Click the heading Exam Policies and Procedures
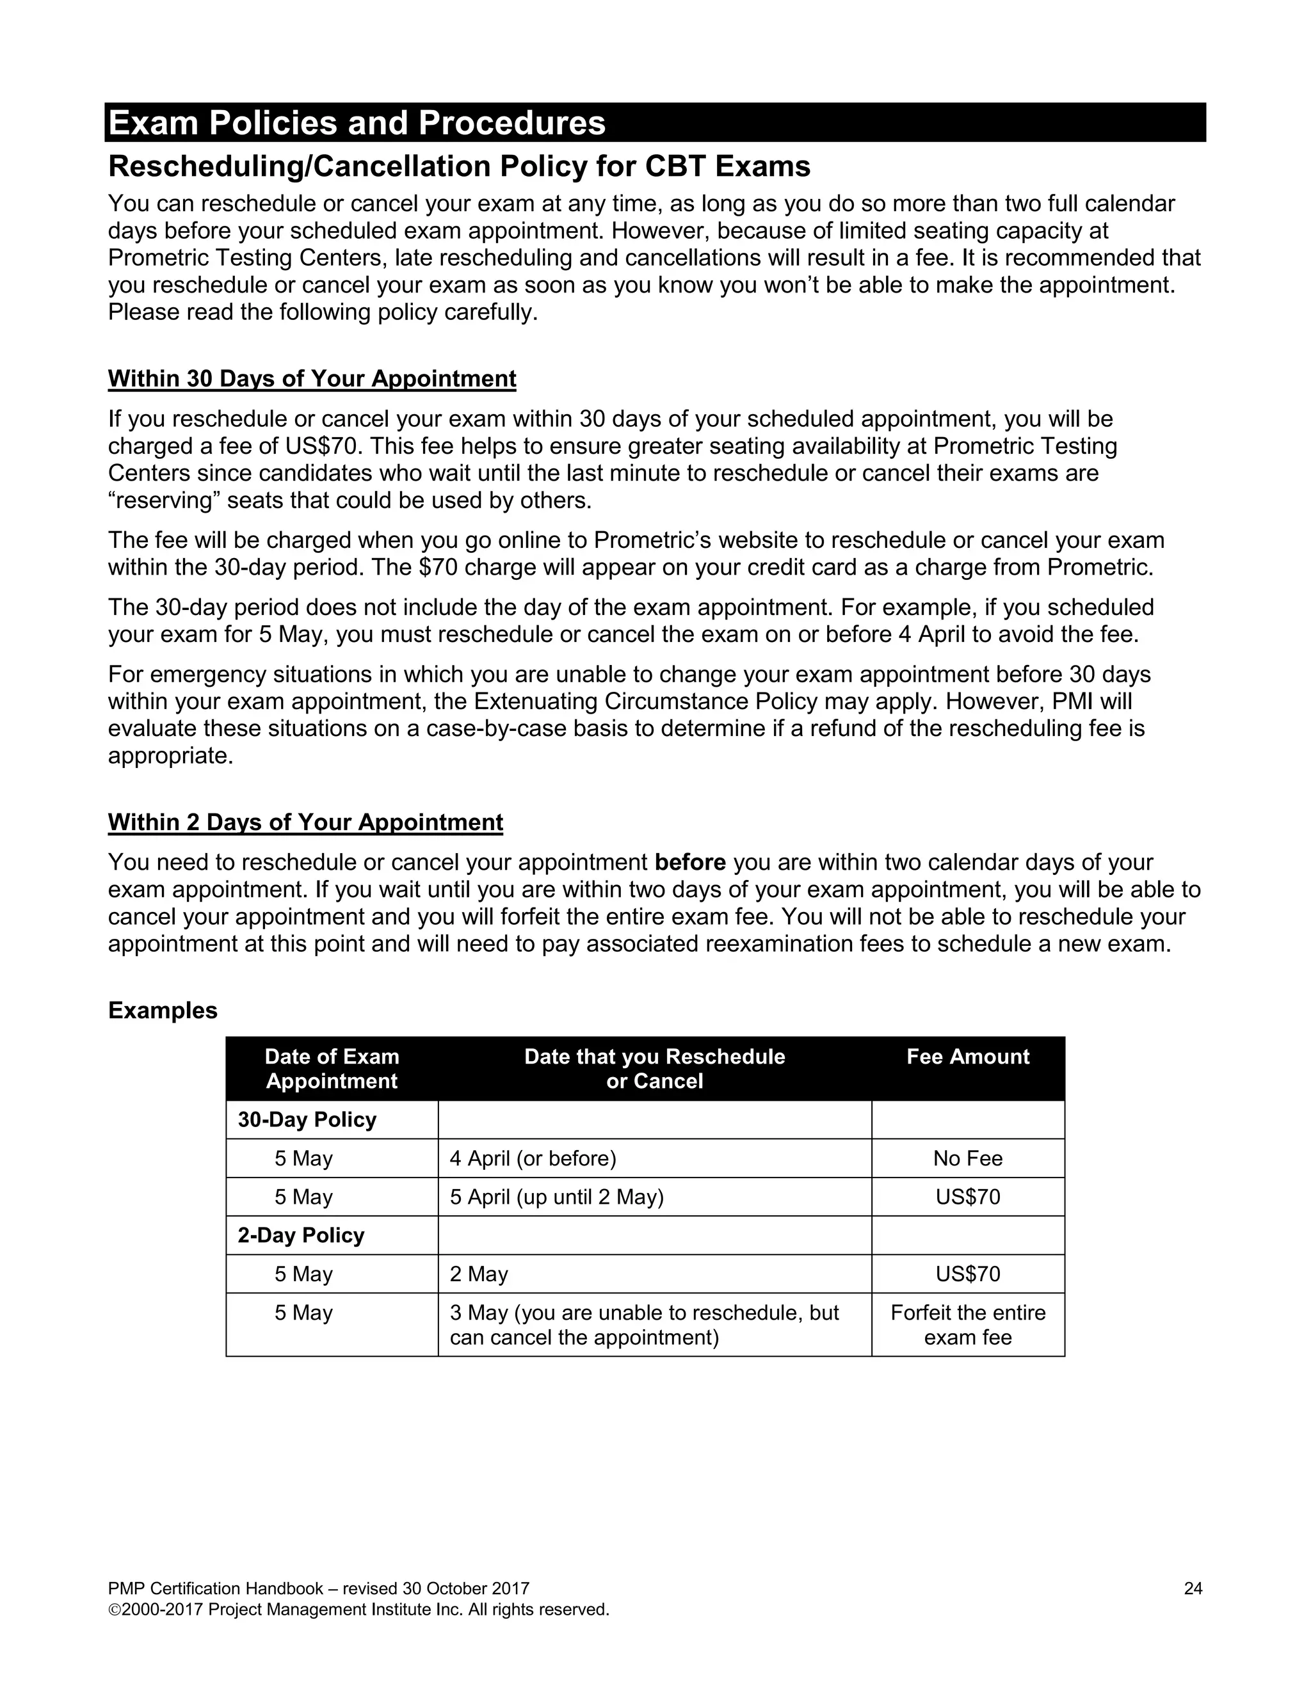pos(357,123)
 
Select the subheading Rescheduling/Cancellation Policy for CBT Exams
pos(459,166)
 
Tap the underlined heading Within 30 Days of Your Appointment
pos(312,378)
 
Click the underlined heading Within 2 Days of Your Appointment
pos(305,822)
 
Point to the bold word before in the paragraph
pos(689,862)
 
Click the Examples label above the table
pos(163,1011)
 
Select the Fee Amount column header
pos(967,1057)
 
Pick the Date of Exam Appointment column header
pos(332,1069)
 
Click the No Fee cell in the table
pos(967,1158)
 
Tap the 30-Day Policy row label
pos(307,1120)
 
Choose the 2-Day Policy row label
pos(301,1235)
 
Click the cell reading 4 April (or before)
pos(533,1158)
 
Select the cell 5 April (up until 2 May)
pos(556,1197)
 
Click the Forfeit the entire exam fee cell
pos(967,1325)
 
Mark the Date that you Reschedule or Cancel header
pos(654,1069)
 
